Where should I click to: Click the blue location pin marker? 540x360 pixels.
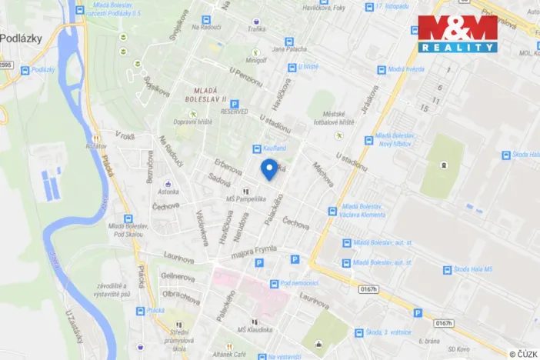pyautogui.click(x=269, y=168)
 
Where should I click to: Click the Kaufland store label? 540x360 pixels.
pyautogui.click(x=275, y=148)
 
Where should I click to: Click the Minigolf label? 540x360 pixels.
pyautogui.click(x=255, y=58)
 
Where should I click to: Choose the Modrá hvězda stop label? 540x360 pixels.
pyautogui.click(x=407, y=69)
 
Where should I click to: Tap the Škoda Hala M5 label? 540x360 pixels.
pyautogui.click(x=478, y=270)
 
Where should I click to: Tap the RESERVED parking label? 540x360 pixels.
pyautogui.click(x=234, y=112)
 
